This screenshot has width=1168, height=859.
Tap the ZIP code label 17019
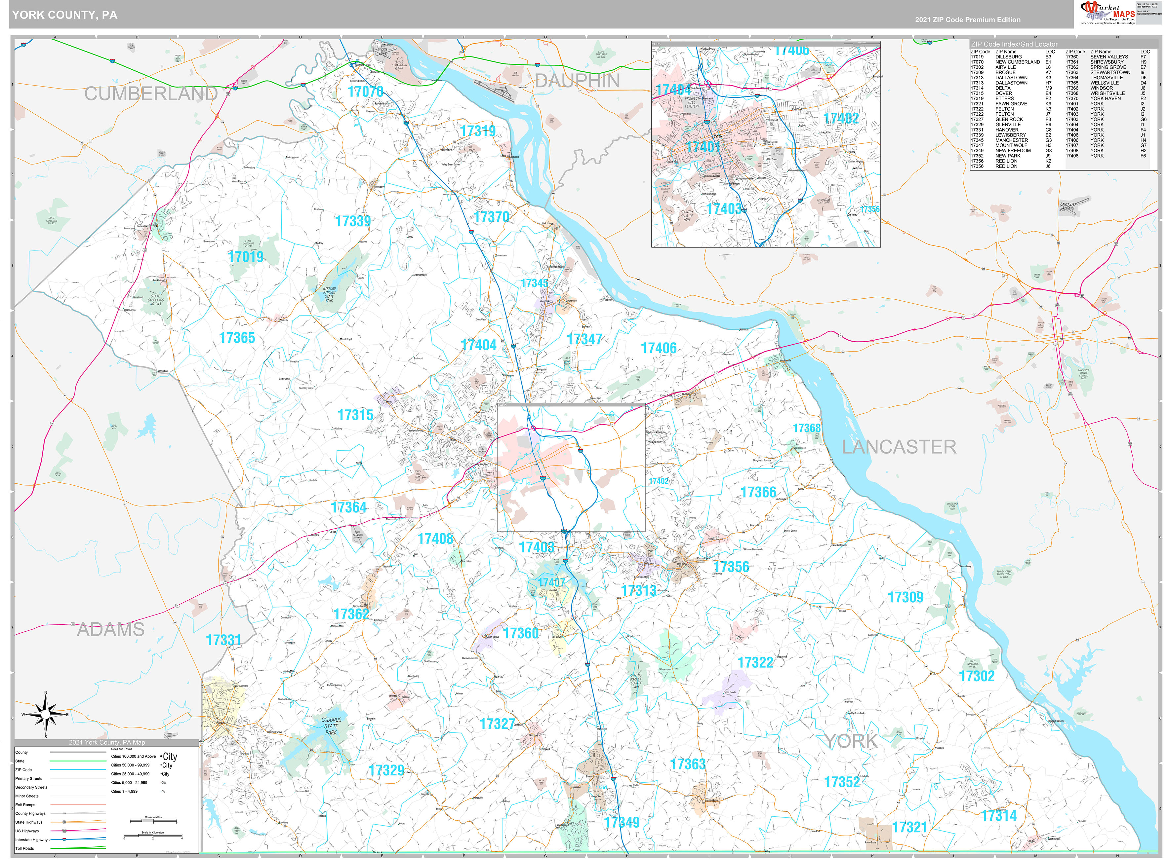click(246, 257)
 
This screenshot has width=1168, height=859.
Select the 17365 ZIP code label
click(237, 338)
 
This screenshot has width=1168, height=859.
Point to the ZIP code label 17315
click(355, 415)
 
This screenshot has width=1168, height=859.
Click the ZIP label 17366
click(758, 492)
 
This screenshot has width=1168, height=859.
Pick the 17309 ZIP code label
click(905, 597)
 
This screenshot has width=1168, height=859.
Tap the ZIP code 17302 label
click(977, 676)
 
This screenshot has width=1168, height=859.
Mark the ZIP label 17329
click(386, 770)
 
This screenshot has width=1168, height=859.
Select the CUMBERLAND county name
click(151, 94)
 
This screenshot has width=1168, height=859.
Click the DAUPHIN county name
click(578, 81)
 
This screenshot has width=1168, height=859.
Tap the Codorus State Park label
click(331, 726)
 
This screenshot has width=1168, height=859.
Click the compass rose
click(46, 715)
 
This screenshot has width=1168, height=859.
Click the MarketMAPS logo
click(1105, 13)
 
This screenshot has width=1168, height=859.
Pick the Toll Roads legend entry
click(25, 848)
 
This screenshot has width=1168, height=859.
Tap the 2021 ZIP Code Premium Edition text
click(968, 20)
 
